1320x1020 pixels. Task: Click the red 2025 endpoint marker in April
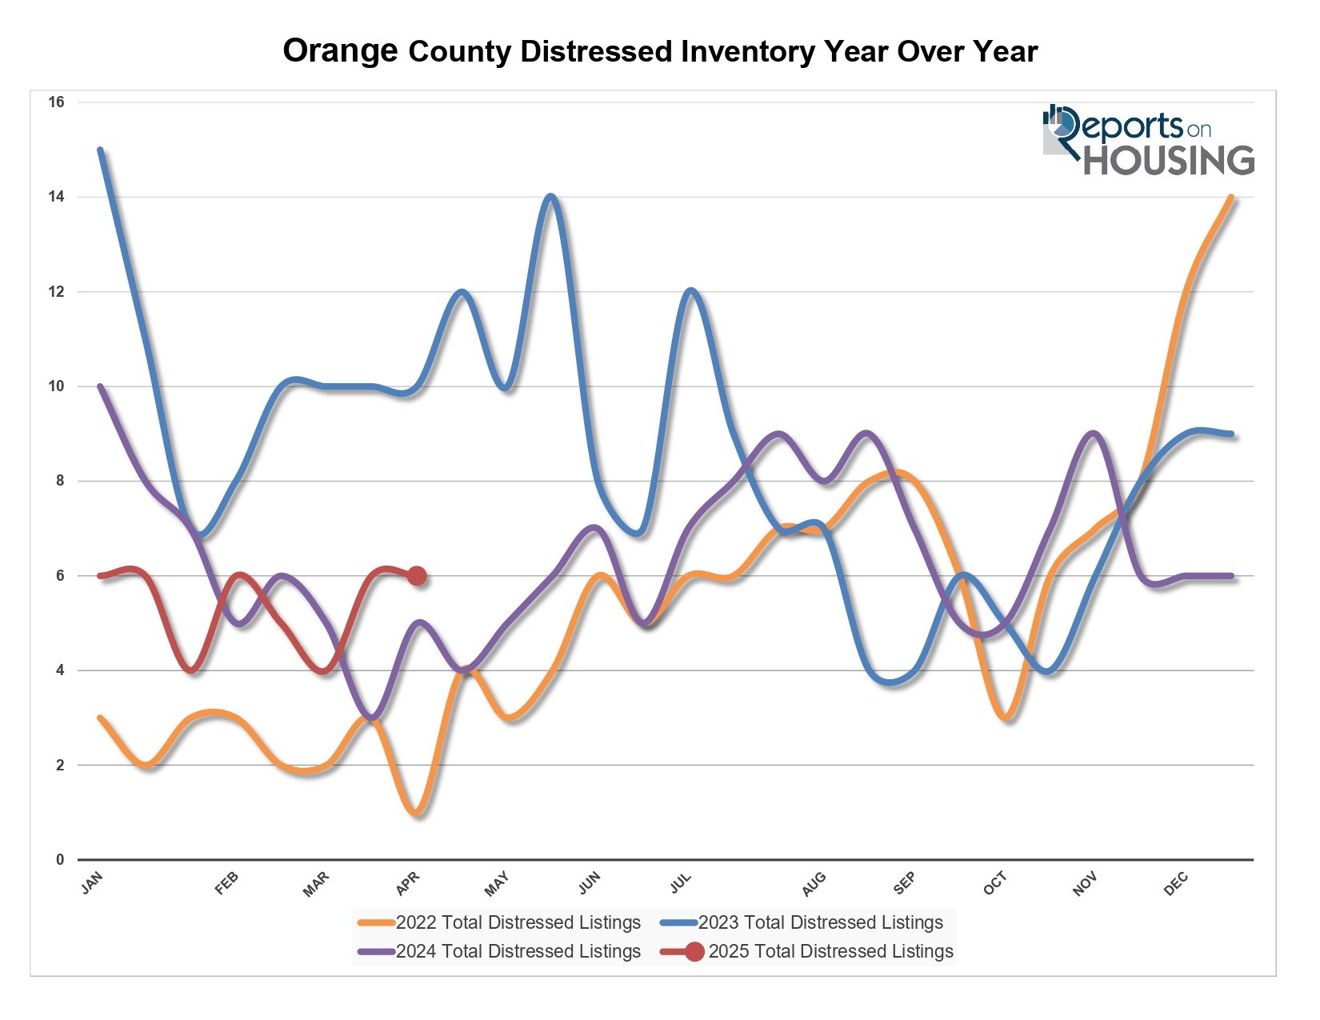[x=417, y=576]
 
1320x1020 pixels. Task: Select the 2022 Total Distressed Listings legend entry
[x=500, y=922]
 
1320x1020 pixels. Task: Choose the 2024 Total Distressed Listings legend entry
[x=500, y=951]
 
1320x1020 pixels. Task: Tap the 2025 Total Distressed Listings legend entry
[x=808, y=951]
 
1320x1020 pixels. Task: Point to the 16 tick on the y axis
[x=56, y=102]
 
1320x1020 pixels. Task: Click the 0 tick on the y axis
[x=60, y=860]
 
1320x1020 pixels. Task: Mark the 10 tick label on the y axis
[x=56, y=386]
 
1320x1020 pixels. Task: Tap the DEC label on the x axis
[x=1176, y=884]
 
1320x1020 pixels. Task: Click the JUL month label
[x=680, y=883]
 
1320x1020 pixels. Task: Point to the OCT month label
[x=995, y=884]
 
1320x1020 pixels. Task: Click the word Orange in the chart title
[x=340, y=51]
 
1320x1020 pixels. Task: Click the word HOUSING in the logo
[x=1168, y=160]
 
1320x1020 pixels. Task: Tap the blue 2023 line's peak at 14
[x=550, y=198]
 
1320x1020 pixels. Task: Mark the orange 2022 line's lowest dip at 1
[x=417, y=813]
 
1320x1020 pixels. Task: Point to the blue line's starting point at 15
[x=100, y=150]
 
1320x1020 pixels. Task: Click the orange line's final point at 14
[x=1231, y=198]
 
